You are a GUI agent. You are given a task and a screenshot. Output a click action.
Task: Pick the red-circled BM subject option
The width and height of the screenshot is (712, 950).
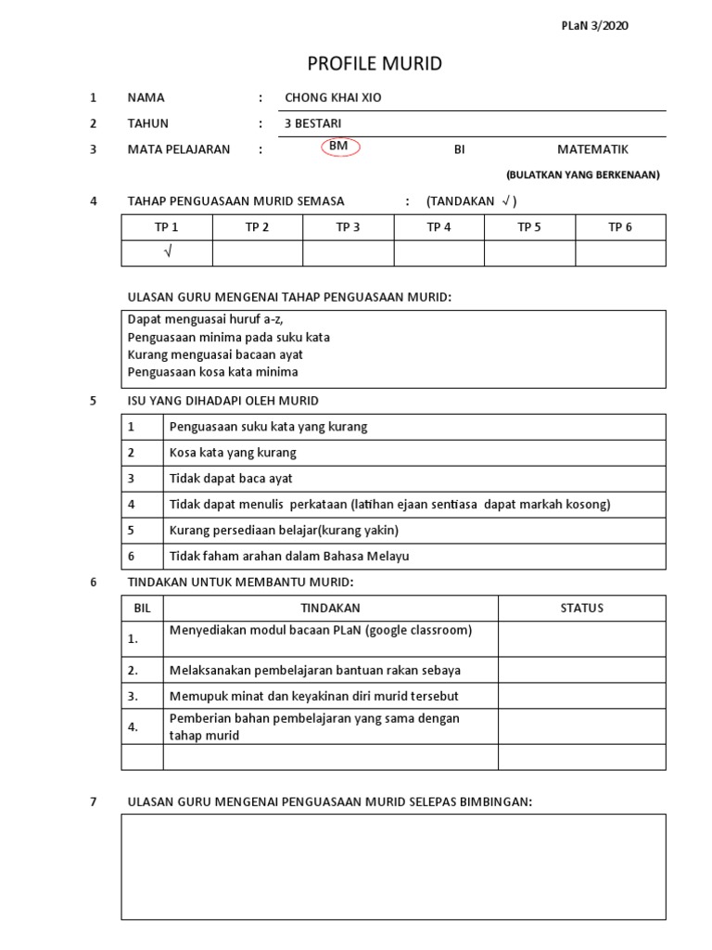tap(340, 148)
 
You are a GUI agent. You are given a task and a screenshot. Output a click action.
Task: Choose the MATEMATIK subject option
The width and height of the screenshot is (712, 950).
tap(592, 148)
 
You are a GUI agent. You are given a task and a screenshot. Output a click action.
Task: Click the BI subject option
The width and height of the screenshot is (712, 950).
tap(459, 148)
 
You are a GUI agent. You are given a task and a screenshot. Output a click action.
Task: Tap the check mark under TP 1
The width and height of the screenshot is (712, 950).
tap(167, 253)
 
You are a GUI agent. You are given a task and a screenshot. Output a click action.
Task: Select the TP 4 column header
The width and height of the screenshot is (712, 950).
tap(439, 228)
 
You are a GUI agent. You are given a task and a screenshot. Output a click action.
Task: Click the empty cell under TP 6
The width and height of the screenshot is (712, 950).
tap(620, 253)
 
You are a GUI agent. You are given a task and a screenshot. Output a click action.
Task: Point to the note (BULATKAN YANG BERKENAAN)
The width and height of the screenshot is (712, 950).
tap(582, 175)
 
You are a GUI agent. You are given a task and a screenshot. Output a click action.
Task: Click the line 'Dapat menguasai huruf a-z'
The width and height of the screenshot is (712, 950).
tap(205, 320)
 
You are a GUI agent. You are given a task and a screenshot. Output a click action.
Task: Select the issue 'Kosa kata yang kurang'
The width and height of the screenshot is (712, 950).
tap(233, 453)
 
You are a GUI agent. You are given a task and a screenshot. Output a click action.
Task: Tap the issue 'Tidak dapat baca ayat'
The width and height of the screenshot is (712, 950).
tap(231, 479)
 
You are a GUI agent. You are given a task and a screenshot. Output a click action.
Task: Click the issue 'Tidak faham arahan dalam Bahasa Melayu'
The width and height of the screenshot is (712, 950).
tap(288, 557)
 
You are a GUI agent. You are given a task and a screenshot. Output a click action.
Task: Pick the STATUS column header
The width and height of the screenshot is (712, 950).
tap(581, 609)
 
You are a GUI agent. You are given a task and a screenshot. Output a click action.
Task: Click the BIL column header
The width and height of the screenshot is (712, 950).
tap(142, 609)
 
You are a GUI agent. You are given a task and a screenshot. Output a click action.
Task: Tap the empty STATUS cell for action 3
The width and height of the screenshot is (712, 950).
tap(581, 696)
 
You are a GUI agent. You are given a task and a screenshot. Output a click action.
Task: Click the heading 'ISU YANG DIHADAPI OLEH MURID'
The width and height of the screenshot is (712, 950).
tap(222, 401)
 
